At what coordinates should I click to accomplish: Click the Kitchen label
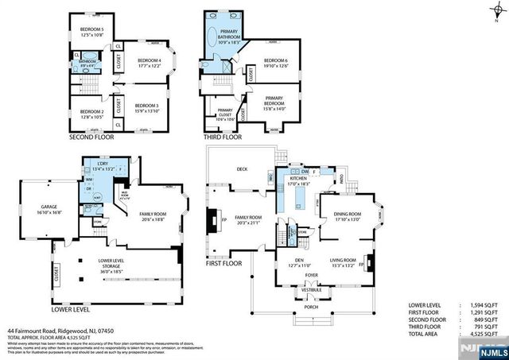point(299,180)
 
